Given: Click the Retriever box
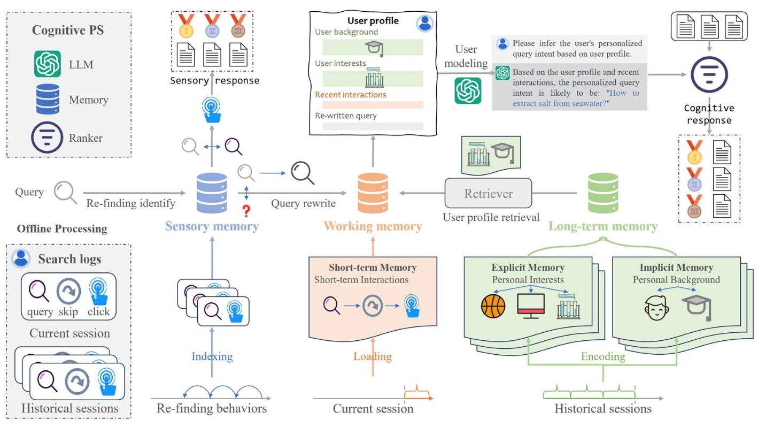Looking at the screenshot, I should coord(488,193).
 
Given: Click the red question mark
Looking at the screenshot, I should coord(246,211).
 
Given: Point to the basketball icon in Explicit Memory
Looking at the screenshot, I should coord(493,307).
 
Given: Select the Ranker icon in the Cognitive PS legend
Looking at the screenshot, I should coord(47,138).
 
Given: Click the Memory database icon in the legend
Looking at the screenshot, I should coord(48,99).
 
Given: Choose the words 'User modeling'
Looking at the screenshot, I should coord(467,56).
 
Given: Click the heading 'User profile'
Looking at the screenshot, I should coord(373,21).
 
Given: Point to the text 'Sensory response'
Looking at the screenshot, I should coord(214,81).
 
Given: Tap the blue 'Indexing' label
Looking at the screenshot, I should coord(212,356).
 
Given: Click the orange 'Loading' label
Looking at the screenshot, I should coord(373,356).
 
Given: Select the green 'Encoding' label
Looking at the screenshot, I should coord(603,356).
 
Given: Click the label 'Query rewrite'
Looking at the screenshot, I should coord(303,203).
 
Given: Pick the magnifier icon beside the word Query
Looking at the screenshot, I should coord(65,192).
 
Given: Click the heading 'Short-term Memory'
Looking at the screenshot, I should coord(373,268).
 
